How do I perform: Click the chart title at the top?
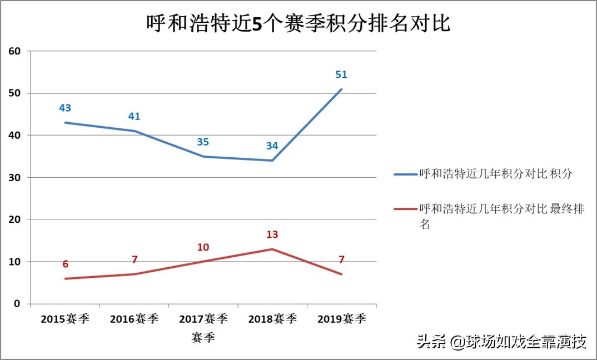(298, 23)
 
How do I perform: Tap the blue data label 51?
(341, 74)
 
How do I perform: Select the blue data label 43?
(65, 108)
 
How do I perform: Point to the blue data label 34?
(272, 146)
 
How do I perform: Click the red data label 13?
(272, 234)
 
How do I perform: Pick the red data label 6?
(65, 264)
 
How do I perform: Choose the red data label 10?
(203, 247)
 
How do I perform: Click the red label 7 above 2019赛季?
(341, 259)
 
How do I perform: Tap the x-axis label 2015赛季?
(65, 319)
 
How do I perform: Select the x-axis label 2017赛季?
(203, 319)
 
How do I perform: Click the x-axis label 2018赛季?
(272, 319)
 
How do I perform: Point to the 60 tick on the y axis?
(14, 51)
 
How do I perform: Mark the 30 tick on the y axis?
(14, 178)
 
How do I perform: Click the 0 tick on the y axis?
(17, 304)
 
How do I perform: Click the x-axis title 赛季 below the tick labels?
(203, 337)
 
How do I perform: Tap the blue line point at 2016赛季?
(134, 131)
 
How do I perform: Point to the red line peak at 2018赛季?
(272, 249)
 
